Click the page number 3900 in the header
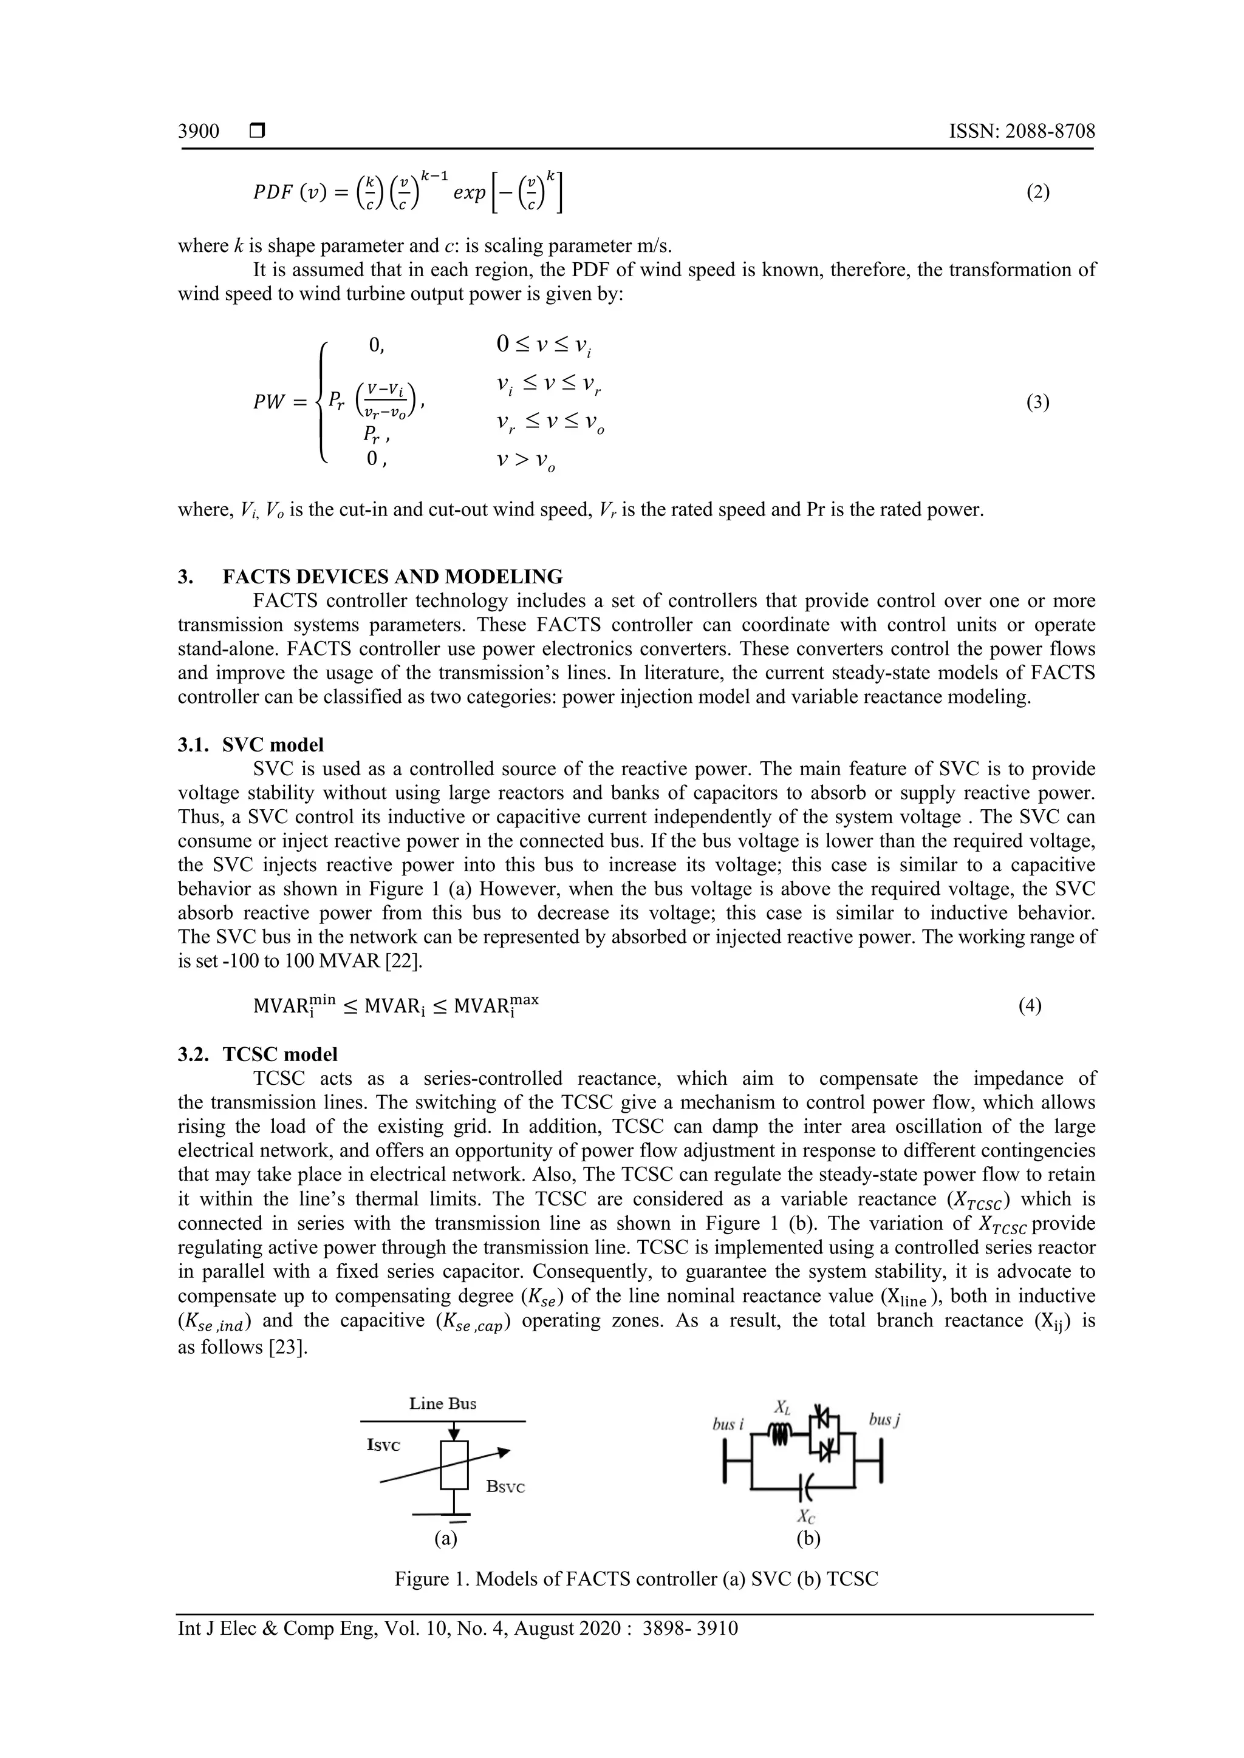[x=199, y=132]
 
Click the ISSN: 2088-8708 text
[x=1022, y=132]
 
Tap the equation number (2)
[x=1038, y=192]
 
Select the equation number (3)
[x=1038, y=402]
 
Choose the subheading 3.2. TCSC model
[x=258, y=1054]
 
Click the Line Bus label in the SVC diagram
[x=443, y=1403]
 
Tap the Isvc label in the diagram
[x=384, y=1445]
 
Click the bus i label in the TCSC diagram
[x=728, y=1424]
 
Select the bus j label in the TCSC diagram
[x=883, y=1420]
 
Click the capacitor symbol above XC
[x=804, y=1488]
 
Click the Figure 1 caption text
[x=636, y=1580]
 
